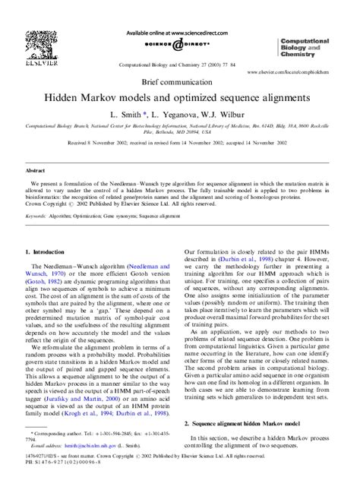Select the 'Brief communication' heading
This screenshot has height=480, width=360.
[180, 79]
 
